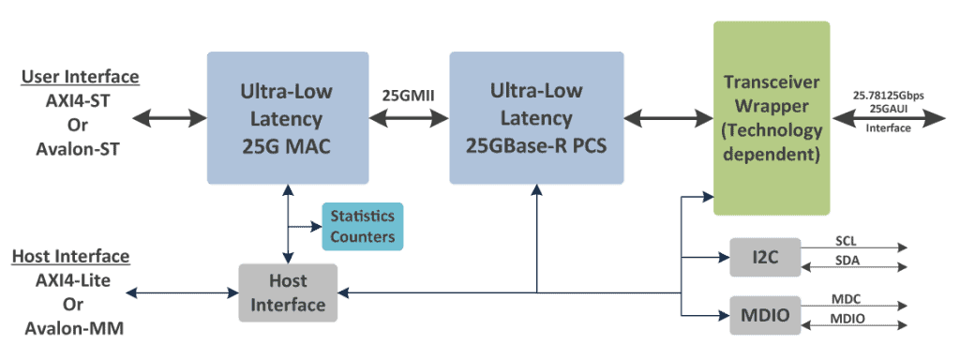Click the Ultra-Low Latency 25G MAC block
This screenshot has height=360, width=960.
pyautogui.click(x=286, y=118)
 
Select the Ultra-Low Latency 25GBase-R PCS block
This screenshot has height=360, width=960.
pyautogui.click(x=537, y=118)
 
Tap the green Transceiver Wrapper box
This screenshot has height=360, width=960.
pyautogui.click(x=772, y=118)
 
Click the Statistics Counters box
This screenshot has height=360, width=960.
pyautogui.click(x=363, y=226)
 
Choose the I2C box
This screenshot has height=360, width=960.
pyautogui.click(x=765, y=257)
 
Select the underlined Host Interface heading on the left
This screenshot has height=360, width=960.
pyautogui.click(x=71, y=256)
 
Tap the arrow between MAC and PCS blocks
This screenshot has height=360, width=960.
pyautogui.click(x=408, y=118)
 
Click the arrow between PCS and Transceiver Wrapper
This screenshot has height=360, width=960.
pyautogui.click(x=669, y=118)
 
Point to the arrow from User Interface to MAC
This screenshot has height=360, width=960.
pyautogui.click(x=170, y=118)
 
